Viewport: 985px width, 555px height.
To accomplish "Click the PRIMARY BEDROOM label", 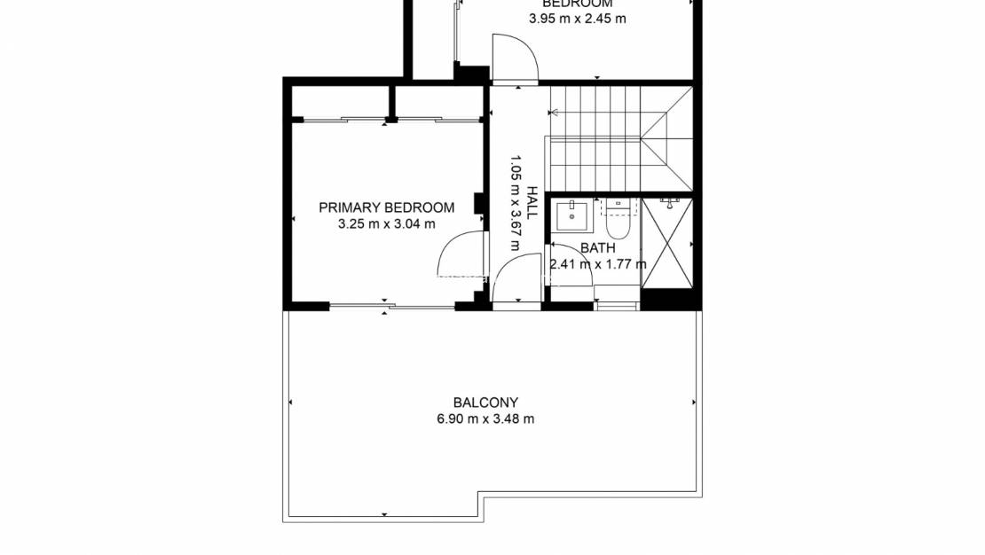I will pyautogui.click(x=386, y=207).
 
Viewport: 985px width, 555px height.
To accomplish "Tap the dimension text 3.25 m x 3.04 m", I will pyautogui.click(x=386, y=224).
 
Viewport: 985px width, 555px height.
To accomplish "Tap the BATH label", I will pyautogui.click(x=598, y=248).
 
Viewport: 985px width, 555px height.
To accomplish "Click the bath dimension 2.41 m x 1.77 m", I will pyautogui.click(x=598, y=264).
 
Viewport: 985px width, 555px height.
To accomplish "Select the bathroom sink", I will pyautogui.click(x=572, y=215).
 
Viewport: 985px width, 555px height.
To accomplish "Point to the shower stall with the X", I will pyautogui.click(x=666, y=244).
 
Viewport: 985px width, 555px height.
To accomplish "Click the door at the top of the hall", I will pyautogui.click(x=516, y=58).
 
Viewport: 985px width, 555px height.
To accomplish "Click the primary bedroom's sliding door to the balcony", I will pyautogui.click(x=391, y=306).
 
